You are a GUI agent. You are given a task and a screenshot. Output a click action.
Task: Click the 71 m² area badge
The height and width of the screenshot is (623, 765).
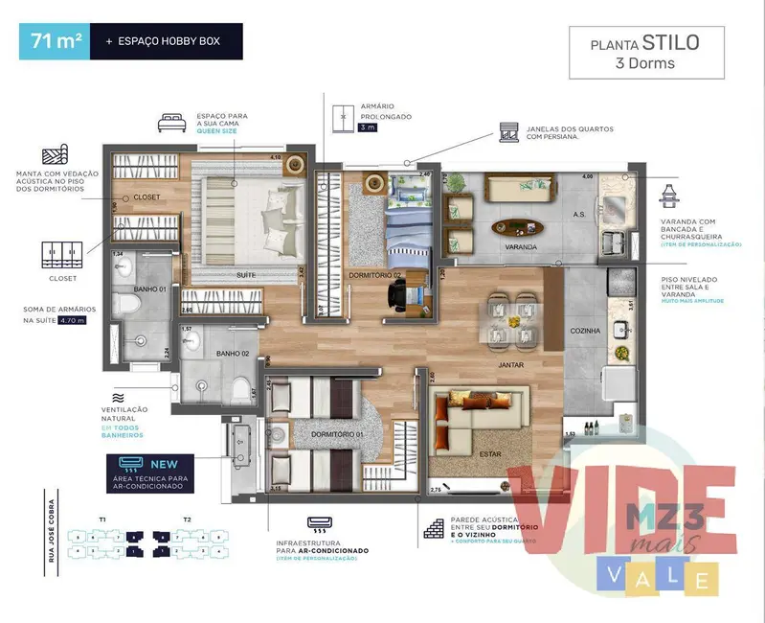click(54, 41)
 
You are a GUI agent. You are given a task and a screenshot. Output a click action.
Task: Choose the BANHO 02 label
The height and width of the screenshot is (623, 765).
click(232, 354)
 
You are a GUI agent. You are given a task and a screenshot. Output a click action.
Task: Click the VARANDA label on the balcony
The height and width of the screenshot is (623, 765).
click(521, 247)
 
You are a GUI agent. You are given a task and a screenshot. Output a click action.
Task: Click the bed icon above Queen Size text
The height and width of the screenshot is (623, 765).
click(173, 122)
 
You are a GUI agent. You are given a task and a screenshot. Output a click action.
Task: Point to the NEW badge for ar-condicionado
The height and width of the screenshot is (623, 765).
click(150, 462)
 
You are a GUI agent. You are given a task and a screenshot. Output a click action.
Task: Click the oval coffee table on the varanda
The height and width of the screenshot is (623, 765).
click(518, 227)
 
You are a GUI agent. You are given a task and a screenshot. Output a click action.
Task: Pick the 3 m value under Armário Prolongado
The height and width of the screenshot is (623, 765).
click(341, 127)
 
